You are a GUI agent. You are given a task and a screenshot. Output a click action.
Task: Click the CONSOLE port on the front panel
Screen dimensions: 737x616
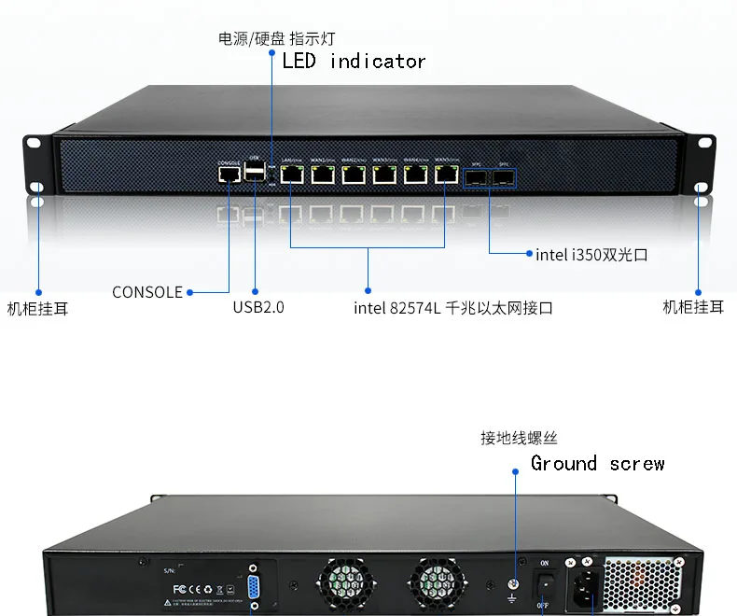coord(229,175)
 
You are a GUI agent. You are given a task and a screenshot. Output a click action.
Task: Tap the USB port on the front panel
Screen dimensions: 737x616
coord(255,171)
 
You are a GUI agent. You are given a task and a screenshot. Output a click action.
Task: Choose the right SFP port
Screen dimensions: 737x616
coord(504,175)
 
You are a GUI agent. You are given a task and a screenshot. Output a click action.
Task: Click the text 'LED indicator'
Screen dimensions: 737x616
coord(354,62)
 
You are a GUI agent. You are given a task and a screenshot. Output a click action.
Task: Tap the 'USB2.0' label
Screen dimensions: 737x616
coord(257,307)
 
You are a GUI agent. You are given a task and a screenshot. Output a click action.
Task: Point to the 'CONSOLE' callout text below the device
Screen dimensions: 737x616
coord(147,292)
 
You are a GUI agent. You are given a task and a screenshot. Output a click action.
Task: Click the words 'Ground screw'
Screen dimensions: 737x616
coord(597,463)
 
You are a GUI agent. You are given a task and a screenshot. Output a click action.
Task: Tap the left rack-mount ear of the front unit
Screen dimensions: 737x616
coord(35,164)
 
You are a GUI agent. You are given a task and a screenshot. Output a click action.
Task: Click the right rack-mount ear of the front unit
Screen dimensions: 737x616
coord(702,164)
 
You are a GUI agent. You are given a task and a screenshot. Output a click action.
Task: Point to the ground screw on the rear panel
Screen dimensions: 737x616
coord(513,586)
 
